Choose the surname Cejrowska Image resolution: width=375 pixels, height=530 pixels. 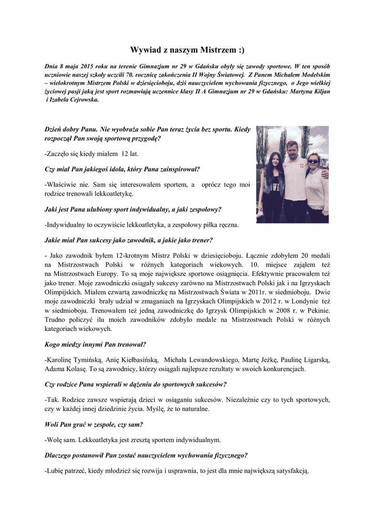[x=82, y=100]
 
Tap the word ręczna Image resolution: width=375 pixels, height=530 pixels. [x=227, y=225]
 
